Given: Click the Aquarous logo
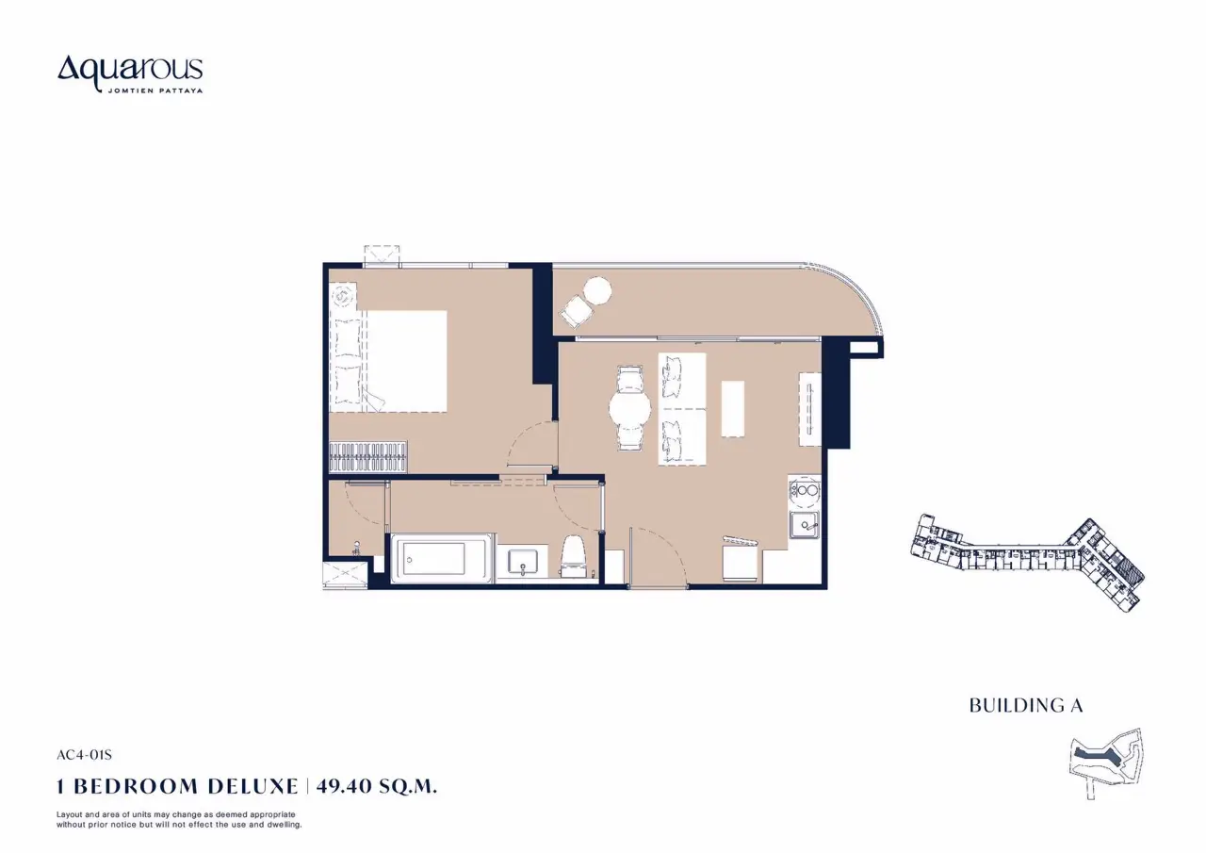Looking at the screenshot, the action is pos(130,74).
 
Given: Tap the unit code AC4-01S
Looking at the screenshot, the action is pos(84,755).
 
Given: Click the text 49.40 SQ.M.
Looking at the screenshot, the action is pos(376,786).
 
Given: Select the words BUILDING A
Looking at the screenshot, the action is pos(1026,705).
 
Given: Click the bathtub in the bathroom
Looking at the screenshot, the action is pos(442,558).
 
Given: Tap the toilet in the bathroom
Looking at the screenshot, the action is pos(573,556).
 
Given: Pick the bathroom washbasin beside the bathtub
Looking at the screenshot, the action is pos(522,561).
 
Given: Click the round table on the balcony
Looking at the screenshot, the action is pos(597,291).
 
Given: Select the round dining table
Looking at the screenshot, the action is pos(630,407).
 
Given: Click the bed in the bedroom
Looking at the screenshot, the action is pos(388,361).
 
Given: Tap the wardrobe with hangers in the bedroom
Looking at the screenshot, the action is pos(368,457).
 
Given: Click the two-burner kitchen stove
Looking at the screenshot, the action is pos(805,491).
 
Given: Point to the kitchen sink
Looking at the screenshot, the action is pos(805,525).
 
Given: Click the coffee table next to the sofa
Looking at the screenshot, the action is pos(733,409).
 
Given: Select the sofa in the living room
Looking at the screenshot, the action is pos(681,409).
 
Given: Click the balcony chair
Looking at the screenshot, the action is pos(576,311).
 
